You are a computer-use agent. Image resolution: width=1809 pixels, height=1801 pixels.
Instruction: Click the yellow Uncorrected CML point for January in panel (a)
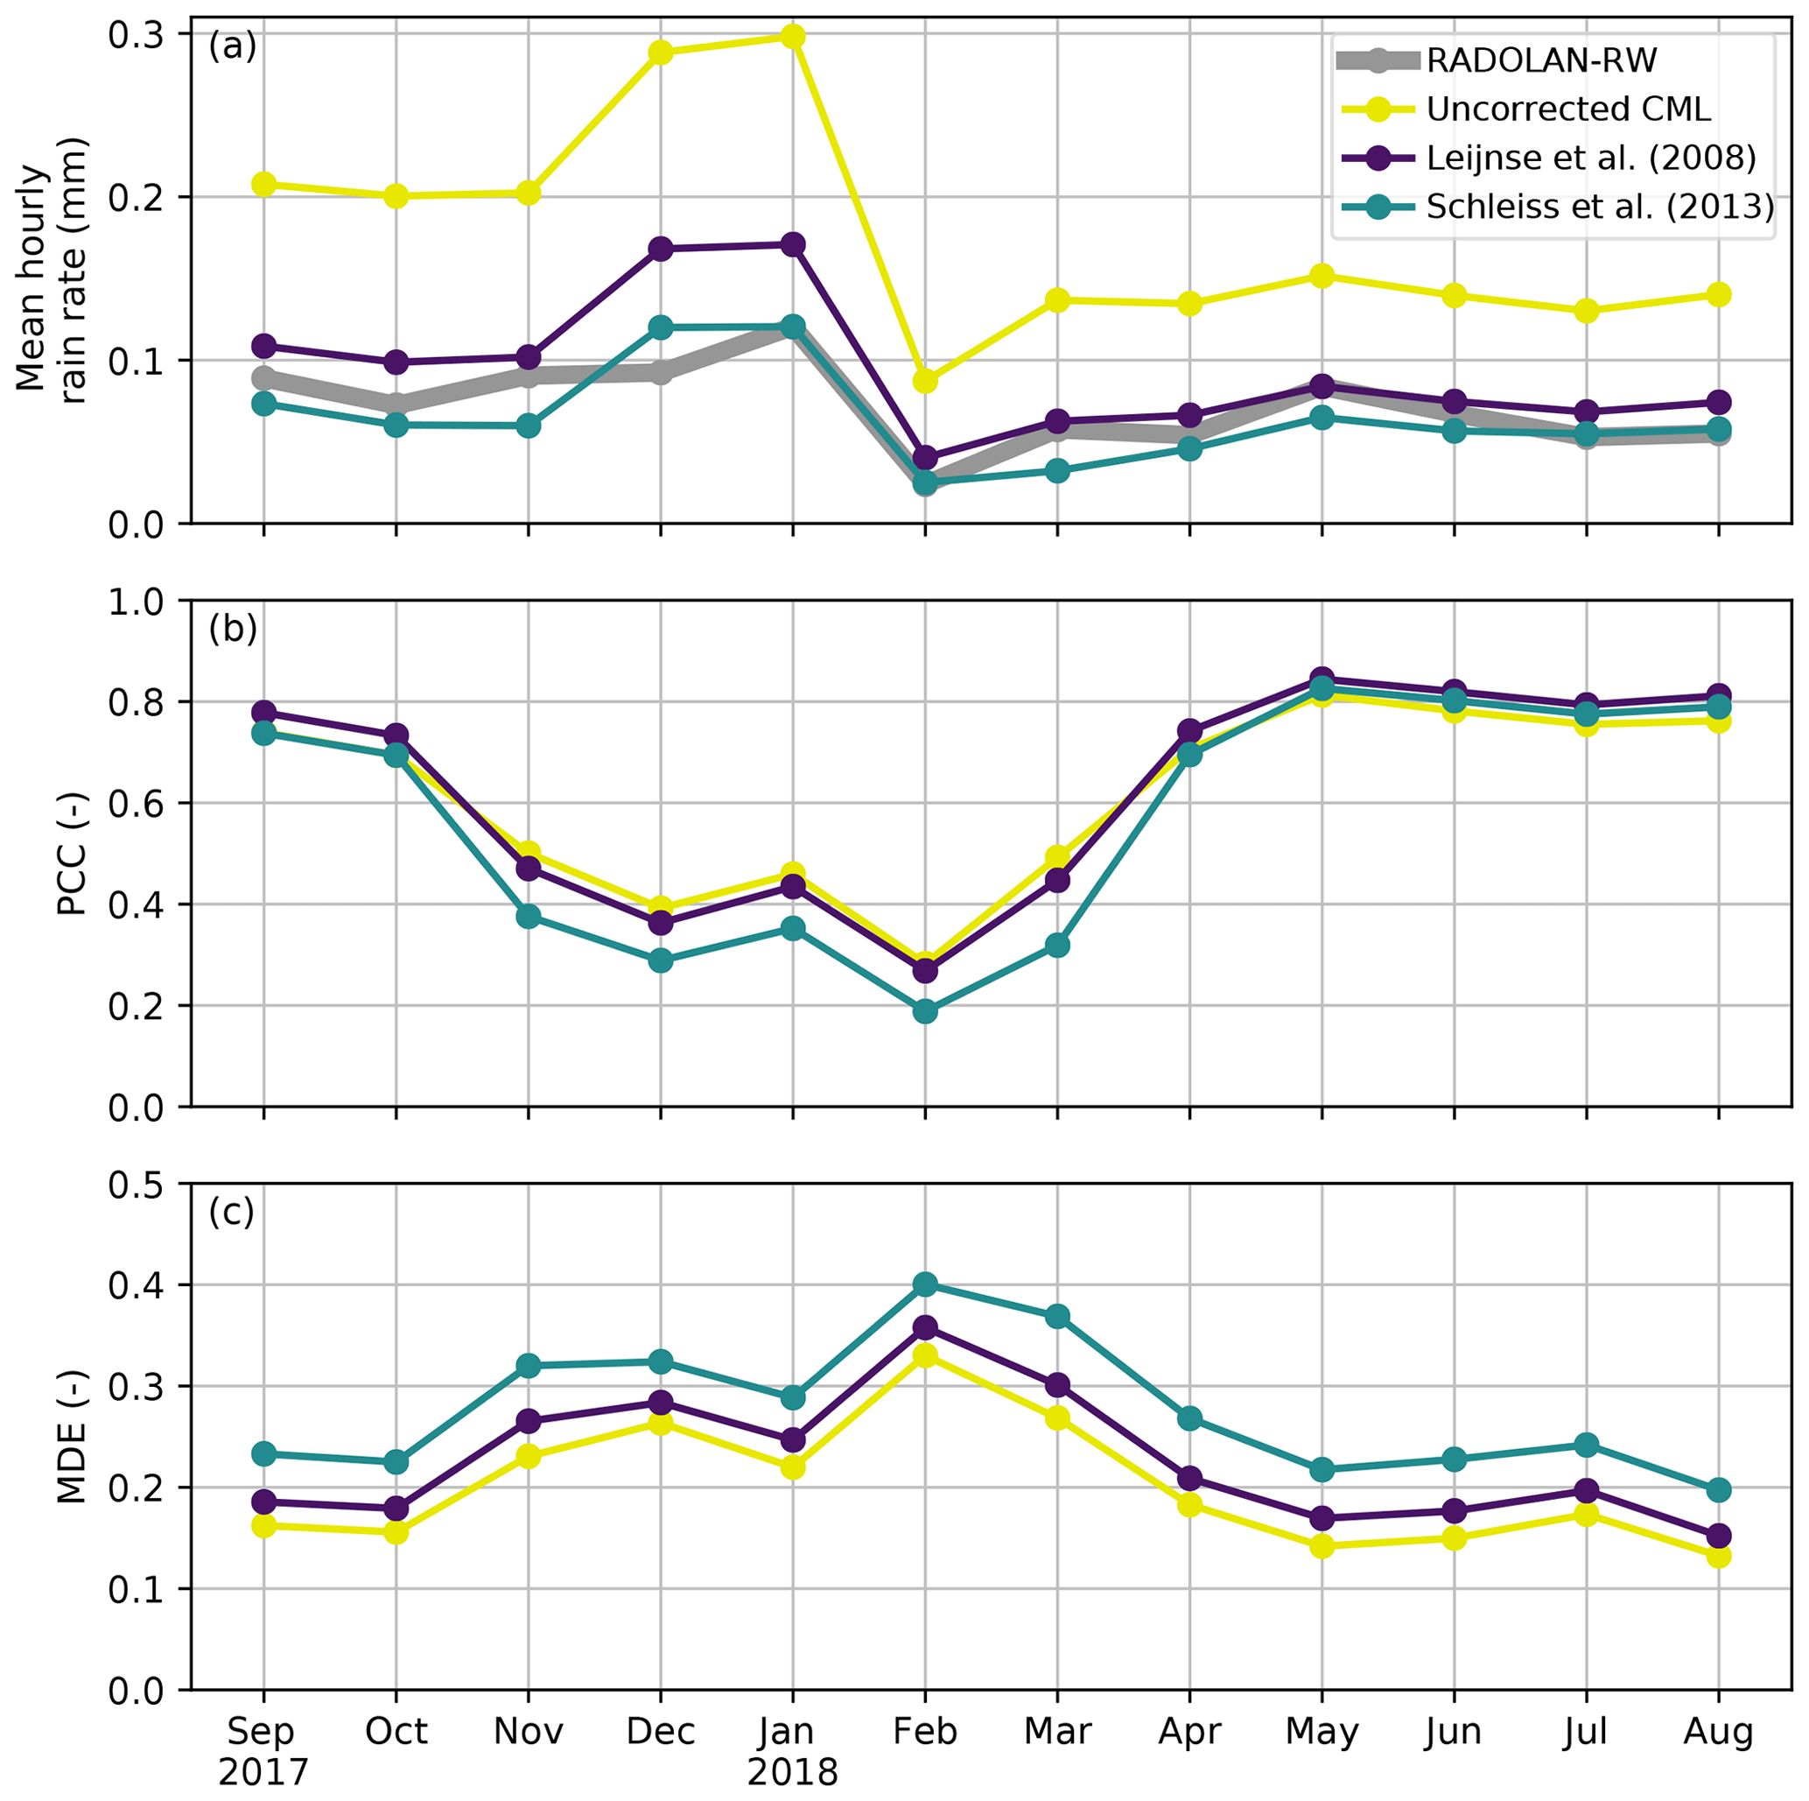point(793,37)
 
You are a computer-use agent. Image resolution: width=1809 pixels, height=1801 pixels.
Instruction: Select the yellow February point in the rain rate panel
point(925,381)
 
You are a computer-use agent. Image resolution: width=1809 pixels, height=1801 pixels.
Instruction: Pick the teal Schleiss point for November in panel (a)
point(528,426)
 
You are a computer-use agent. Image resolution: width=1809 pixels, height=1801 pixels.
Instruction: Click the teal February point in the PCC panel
point(925,1011)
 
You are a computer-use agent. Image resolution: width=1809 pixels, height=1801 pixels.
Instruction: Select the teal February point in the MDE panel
point(925,1284)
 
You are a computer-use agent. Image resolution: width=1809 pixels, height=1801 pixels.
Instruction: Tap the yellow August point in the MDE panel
point(1719,1557)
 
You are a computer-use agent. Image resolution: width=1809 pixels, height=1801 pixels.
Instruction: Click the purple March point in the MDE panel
point(1058,1384)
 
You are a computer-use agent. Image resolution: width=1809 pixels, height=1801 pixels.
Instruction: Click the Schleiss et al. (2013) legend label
point(1599,207)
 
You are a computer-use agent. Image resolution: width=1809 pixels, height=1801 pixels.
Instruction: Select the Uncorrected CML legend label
point(1568,109)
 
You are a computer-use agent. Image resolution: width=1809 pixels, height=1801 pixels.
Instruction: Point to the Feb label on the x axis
point(925,1732)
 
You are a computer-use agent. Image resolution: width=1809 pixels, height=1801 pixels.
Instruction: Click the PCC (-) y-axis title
point(72,855)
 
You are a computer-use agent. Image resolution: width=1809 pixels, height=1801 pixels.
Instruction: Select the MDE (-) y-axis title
point(72,1438)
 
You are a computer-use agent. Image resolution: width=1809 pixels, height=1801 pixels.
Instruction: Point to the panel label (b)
point(232,630)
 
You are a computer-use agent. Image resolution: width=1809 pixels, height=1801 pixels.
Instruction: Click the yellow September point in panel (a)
point(264,184)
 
